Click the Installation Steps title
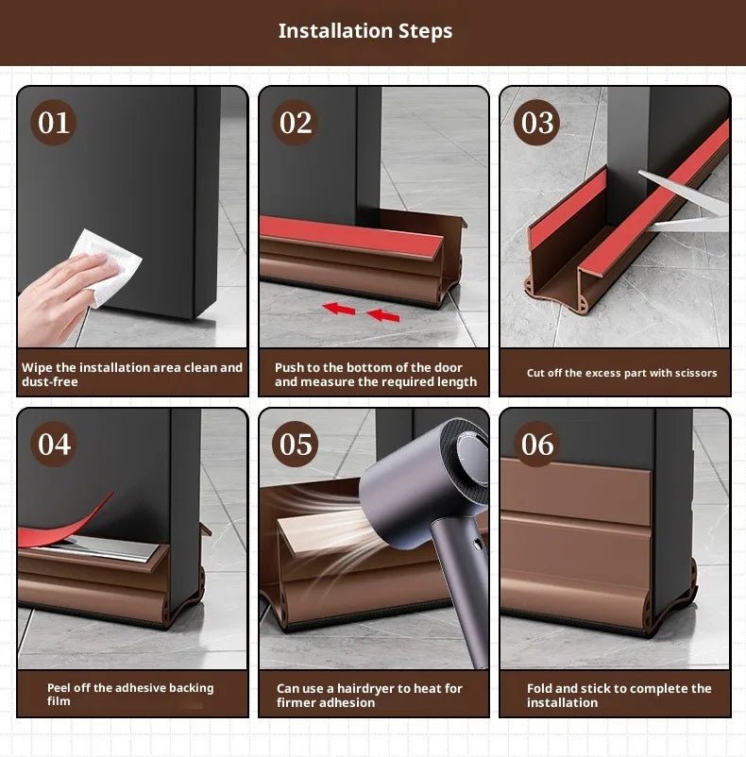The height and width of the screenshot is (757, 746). pyautogui.click(x=365, y=31)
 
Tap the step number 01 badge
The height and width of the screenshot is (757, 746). pyautogui.click(x=54, y=123)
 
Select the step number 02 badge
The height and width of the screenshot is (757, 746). pyautogui.click(x=296, y=123)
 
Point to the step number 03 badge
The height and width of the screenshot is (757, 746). pyautogui.click(x=537, y=123)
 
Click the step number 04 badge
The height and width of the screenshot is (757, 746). pyautogui.click(x=54, y=444)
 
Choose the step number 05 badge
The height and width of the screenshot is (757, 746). pyautogui.click(x=296, y=444)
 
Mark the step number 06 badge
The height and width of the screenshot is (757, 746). pyautogui.click(x=537, y=444)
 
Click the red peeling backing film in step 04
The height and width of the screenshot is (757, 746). pyautogui.click(x=66, y=525)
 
